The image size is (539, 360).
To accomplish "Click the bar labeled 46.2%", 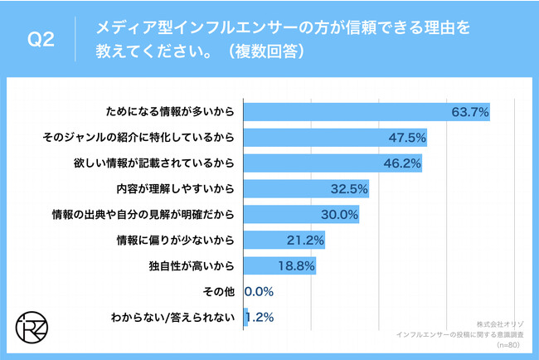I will coord(332,163).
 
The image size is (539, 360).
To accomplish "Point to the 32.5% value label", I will coord(349,189).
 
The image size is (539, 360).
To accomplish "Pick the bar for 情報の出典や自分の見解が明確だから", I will coord(299,215).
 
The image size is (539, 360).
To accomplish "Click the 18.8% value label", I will coord(296,266).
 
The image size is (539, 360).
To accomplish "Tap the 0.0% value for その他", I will coord(258,292).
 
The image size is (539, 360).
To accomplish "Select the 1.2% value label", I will coord(261,318).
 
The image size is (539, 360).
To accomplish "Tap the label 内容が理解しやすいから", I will coord(176,189).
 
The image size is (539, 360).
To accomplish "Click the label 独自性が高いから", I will coord(189,266).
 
